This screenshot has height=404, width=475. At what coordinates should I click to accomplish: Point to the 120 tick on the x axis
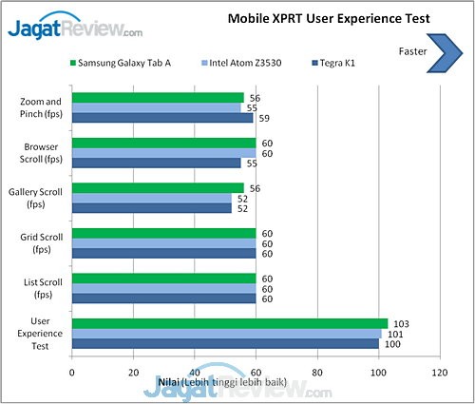click(439, 374)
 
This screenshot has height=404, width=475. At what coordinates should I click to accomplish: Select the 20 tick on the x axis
click(133, 374)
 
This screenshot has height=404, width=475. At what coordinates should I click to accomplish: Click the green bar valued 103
click(229, 323)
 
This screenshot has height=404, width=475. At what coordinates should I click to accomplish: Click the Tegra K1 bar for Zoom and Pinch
click(161, 119)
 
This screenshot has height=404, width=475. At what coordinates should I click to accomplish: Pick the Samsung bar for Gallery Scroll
click(157, 187)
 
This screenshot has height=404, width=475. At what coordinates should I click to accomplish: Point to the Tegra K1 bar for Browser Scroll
click(156, 164)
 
